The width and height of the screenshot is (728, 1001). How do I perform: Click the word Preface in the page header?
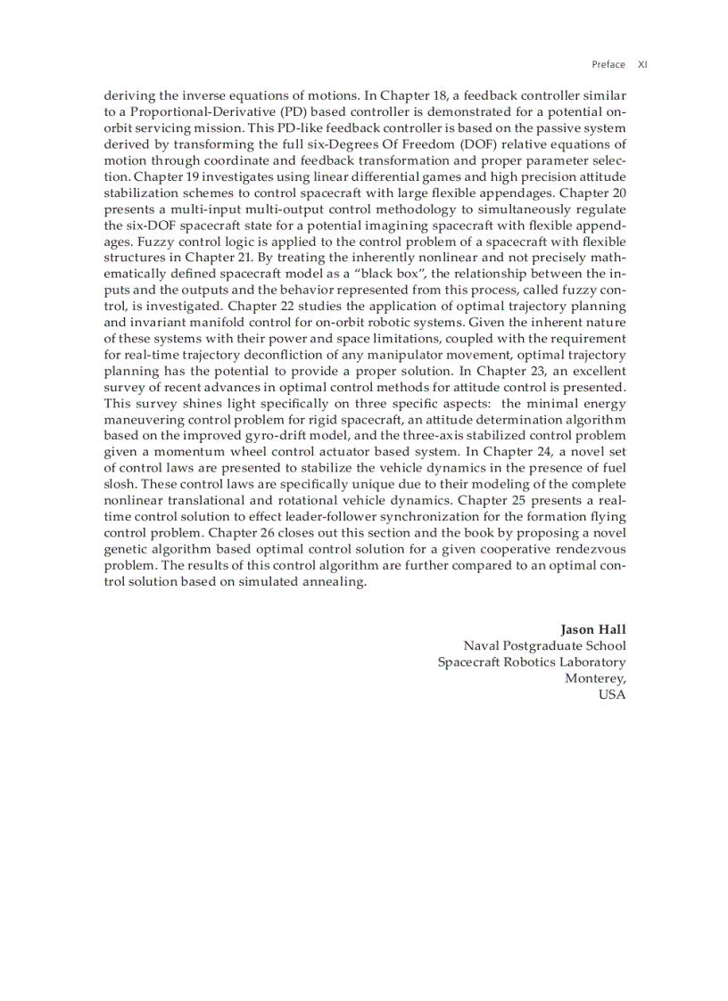[608, 64]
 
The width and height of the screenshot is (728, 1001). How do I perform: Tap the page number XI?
[642, 64]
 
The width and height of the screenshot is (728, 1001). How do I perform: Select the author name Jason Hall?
[592, 630]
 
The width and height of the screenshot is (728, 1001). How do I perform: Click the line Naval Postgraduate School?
[544, 646]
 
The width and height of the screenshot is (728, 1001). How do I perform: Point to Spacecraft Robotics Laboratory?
[531, 662]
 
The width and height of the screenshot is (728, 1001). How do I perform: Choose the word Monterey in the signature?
[595, 678]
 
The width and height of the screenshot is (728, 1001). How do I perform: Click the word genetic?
[128, 549]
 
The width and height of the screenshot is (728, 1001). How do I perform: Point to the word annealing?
[334, 581]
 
